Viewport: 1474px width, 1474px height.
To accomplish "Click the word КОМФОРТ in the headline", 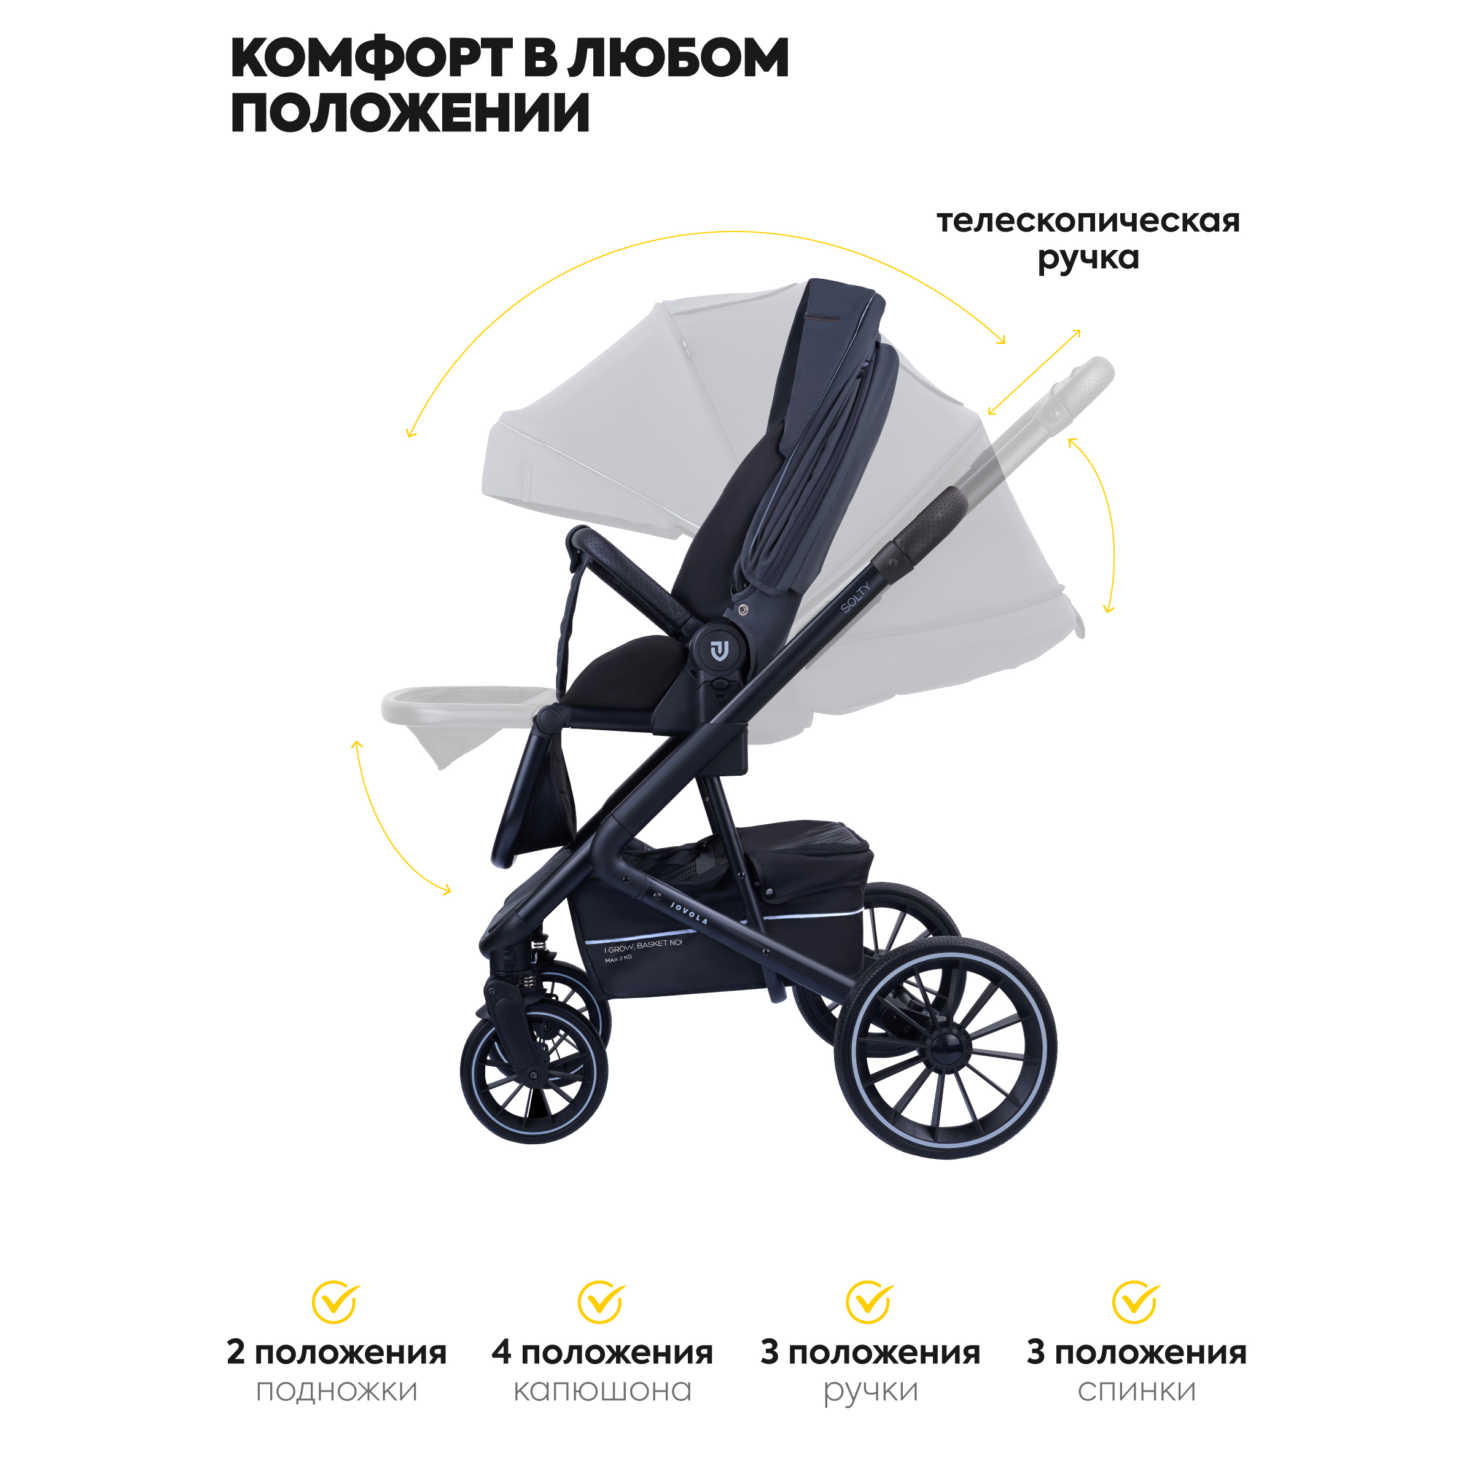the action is (x=372, y=59).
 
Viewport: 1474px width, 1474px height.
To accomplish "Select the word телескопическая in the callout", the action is (x=1088, y=222).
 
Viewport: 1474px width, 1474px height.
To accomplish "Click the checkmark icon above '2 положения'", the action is (x=335, y=1302).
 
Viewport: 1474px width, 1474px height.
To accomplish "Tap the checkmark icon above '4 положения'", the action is (x=601, y=1302).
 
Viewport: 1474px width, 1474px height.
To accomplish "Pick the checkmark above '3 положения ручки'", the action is (x=869, y=1302).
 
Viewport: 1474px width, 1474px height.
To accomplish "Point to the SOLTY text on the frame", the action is (x=856, y=598).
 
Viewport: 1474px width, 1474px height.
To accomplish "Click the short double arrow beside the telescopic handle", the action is (x=1034, y=372).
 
